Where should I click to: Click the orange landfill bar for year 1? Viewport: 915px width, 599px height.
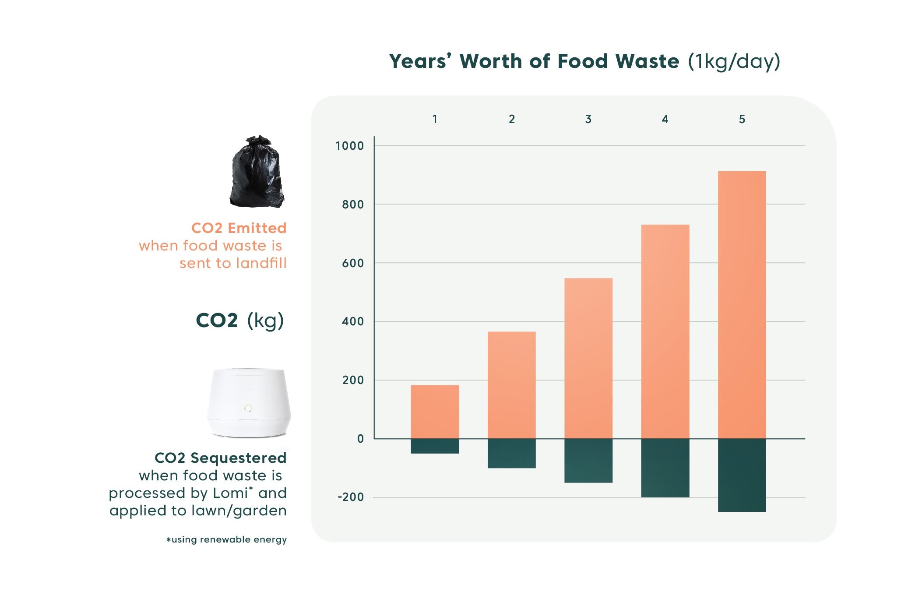point(435,412)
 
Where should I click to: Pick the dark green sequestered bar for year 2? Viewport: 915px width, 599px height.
point(511,453)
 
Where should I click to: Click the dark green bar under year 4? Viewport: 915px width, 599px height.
point(665,468)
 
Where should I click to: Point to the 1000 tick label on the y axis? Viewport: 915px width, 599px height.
point(349,146)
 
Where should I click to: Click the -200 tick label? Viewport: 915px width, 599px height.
point(351,497)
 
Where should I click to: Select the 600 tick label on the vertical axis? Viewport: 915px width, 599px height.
point(353,263)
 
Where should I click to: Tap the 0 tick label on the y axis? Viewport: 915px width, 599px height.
point(360,439)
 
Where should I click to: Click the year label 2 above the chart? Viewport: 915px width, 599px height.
point(511,119)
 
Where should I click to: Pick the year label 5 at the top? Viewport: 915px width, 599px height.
point(742,119)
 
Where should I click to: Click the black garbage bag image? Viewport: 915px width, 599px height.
point(257,172)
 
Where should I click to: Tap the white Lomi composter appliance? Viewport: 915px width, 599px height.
point(249,402)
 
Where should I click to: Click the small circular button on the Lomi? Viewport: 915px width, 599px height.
point(248,408)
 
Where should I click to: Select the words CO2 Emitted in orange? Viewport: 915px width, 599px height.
point(239,228)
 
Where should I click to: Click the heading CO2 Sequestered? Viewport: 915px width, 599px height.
point(220,458)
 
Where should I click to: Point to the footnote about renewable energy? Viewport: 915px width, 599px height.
point(226,539)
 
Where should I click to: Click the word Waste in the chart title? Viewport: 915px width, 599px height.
point(647,61)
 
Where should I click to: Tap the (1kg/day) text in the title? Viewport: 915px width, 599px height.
point(734,61)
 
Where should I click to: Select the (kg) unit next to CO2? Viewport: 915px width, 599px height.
point(265,321)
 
